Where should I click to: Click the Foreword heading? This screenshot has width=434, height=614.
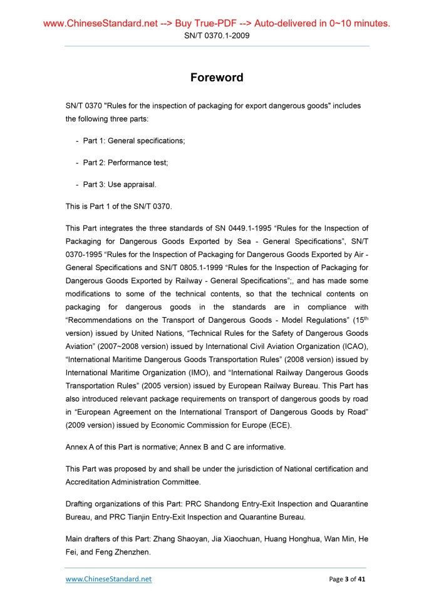217,78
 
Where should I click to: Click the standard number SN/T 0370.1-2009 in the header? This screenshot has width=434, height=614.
217,36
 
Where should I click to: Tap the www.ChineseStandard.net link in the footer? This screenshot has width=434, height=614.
109,579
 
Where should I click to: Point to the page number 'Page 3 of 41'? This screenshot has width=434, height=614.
347,579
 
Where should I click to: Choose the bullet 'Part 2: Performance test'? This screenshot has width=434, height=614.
125,163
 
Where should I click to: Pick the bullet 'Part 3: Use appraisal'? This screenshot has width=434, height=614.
120,185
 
